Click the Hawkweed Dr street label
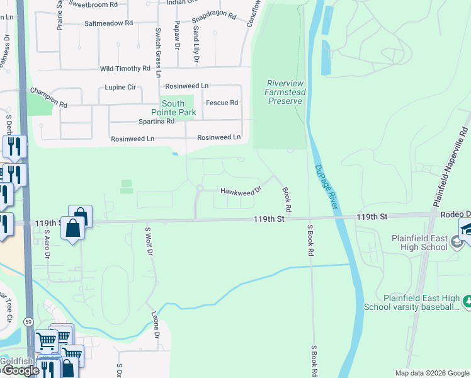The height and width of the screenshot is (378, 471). click(x=240, y=191)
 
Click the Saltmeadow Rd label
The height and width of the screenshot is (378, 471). click(x=108, y=23)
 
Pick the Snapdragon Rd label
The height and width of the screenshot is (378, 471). click(x=213, y=16)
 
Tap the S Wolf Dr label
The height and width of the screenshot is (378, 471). click(x=149, y=242)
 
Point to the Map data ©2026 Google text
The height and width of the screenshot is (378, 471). click(x=431, y=372)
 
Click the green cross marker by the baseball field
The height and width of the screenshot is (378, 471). click(x=467, y=302)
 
